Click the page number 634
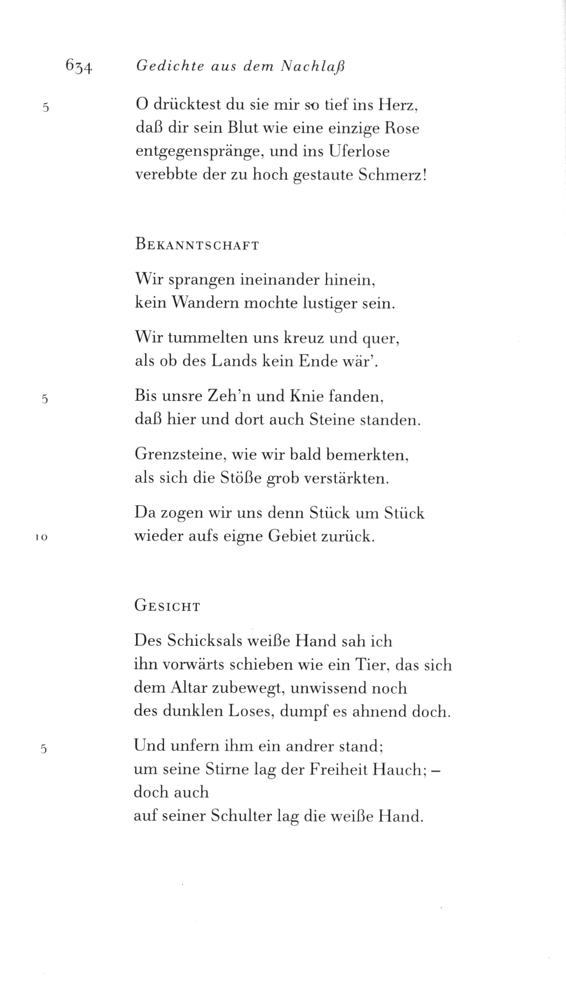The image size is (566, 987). click(79, 66)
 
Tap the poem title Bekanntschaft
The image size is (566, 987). click(197, 245)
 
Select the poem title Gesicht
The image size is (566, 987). click(167, 607)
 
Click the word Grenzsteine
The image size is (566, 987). click(179, 455)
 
